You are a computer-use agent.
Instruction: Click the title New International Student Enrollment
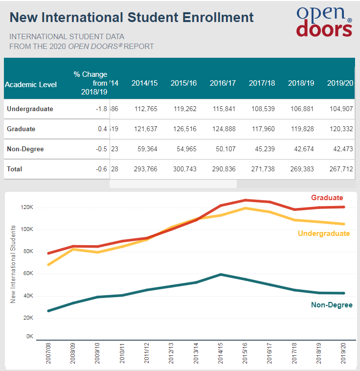point(132,18)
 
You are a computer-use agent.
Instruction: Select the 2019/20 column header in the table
point(340,83)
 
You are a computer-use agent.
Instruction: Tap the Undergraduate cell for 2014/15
point(144,109)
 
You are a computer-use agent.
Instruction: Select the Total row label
point(15,169)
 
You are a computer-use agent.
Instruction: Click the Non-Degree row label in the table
point(25,149)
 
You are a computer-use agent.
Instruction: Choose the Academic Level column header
point(31,84)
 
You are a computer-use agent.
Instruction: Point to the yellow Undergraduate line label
point(324,233)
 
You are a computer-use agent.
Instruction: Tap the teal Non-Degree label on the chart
point(332,305)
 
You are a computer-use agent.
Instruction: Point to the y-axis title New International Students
point(13,264)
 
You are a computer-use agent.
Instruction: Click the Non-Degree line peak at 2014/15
point(221,275)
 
